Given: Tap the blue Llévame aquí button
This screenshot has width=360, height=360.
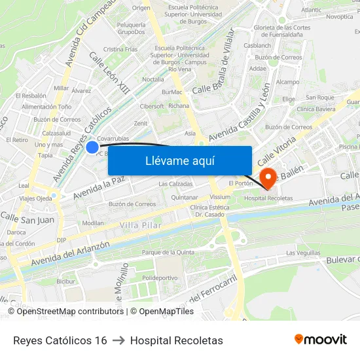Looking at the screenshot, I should tap(179, 160).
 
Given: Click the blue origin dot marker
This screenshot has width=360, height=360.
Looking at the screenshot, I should tap(92, 147).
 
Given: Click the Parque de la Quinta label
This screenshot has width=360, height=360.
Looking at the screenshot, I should tap(168, 252).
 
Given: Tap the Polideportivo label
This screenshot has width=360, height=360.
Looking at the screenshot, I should tap(160, 277).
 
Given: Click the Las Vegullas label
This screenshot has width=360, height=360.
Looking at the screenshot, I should tap(303, 253).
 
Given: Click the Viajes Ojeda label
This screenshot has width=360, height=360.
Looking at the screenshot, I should tap(35, 198).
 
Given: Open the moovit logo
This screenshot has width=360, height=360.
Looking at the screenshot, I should tap(321, 340).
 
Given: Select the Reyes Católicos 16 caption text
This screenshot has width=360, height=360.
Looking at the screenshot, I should tap(60, 340).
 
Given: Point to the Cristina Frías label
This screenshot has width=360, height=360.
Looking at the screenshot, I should tap(120, 49).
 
